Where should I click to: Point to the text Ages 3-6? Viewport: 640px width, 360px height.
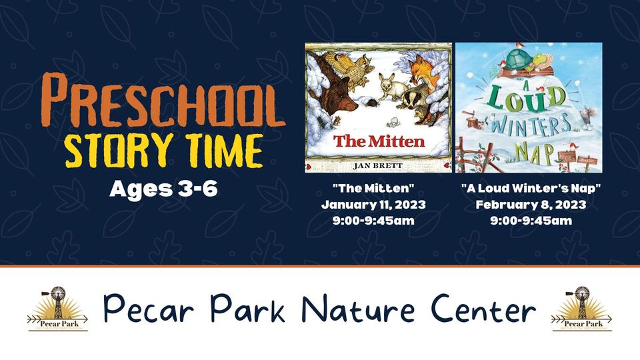(x=163, y=188)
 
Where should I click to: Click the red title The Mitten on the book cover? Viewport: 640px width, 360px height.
(x=379, y=141)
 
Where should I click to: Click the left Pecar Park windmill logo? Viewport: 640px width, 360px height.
(x=57, y=309)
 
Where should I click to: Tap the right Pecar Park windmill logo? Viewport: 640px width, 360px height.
(x=581, y=309)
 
